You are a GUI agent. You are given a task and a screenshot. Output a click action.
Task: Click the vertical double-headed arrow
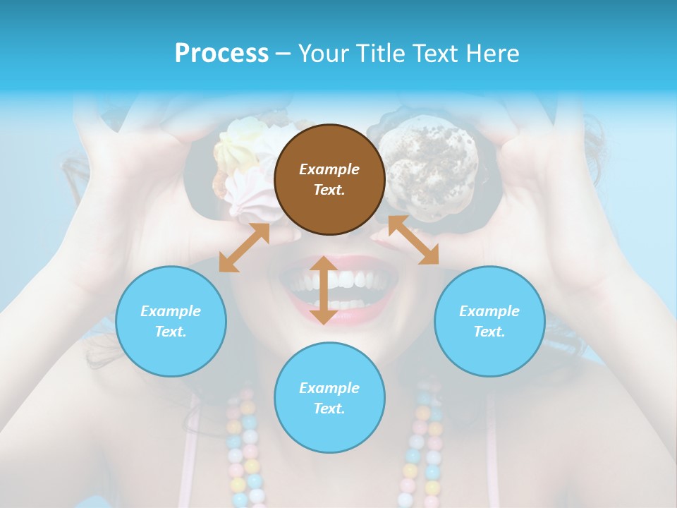(324, 291)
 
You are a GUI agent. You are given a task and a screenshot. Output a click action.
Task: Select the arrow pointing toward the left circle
(244, 248)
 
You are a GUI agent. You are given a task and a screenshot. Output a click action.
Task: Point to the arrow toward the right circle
(414, 240)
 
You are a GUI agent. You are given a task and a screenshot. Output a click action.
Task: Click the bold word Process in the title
(221, 53)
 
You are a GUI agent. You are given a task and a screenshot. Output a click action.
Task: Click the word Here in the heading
(493, 53)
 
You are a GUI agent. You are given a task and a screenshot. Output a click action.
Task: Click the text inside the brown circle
(329, 179)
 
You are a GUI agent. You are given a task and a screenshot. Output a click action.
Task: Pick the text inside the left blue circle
(171, 321)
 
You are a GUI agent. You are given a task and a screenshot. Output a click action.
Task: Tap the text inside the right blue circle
(489, 321)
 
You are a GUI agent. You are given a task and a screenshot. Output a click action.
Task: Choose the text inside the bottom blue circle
(329, 398)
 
